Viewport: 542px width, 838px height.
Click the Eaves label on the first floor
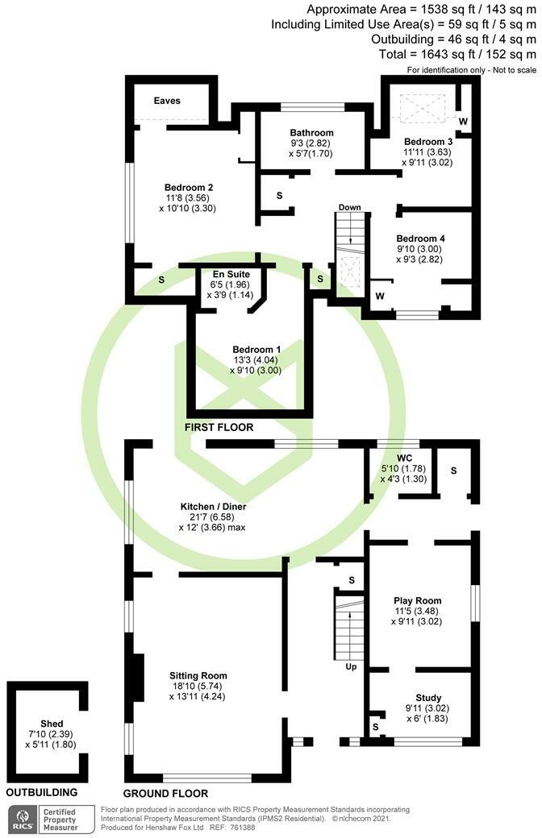pyautogui.click(x=169, y=101)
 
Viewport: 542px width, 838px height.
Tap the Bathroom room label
pyautogui.click(x=311, y=133)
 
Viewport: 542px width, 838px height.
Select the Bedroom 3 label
pyautogui.click(x=428, y=141)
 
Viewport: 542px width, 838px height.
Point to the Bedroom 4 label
pyautogui.click(x=420, y=239)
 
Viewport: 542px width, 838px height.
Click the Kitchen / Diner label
pyautogui.click(x=213, y=507)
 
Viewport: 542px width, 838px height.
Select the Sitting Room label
pyautogui.click(x=198, y=675)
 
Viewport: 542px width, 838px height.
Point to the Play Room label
pyautogui.click(x=418, y=600)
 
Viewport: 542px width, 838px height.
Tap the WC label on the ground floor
pyautogui.click(x=394, y=457)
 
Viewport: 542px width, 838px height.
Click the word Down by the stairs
pyautogui.click(x=349, y=207)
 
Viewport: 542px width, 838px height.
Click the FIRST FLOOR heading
pyautogui.click(x=219, y=428)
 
